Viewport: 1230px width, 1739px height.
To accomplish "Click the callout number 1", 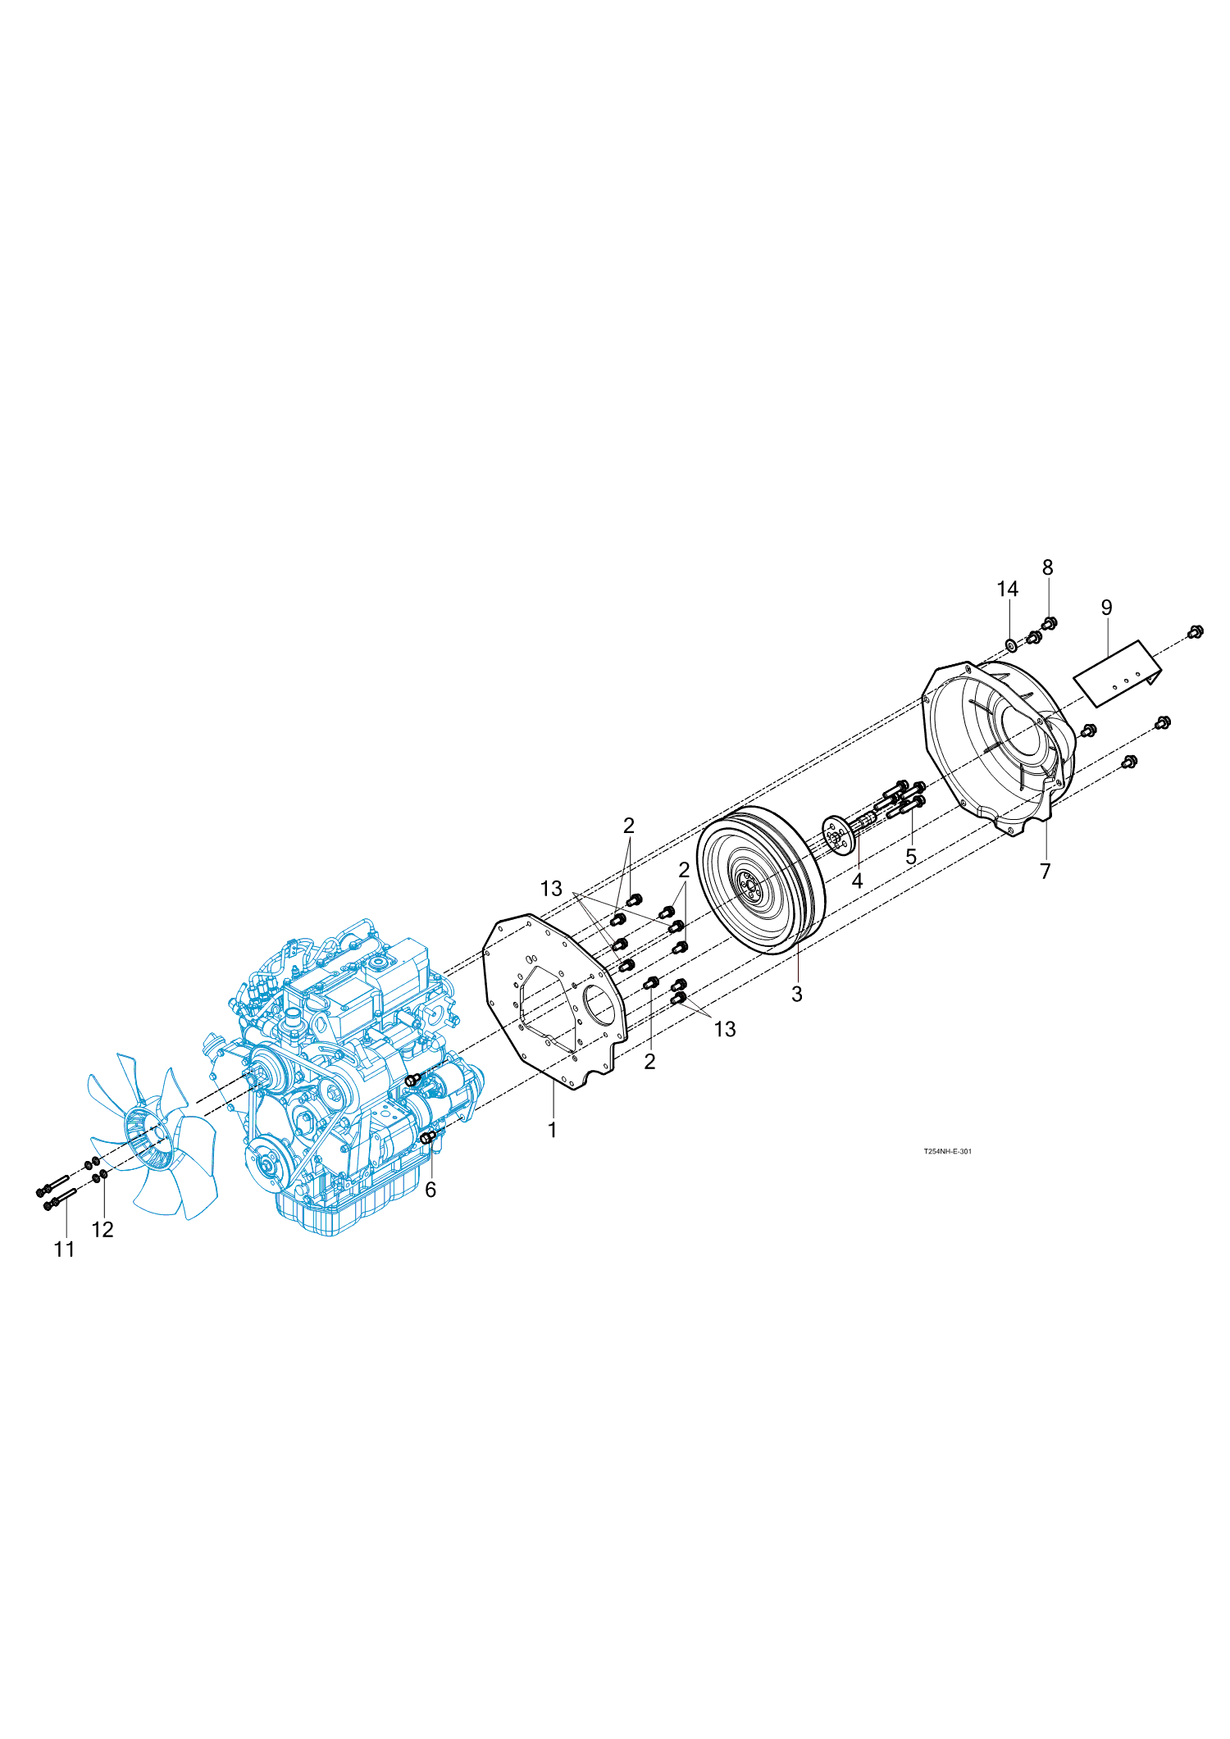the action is coord(553,1130).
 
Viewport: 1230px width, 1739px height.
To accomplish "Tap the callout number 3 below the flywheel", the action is coord(797,994).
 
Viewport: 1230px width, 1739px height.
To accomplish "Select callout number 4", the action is coord(858,881).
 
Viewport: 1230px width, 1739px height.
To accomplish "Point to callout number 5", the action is coord(911,857).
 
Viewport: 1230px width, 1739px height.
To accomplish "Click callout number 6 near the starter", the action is coord(430,1190).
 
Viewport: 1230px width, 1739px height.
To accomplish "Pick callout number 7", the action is coord(1045,872).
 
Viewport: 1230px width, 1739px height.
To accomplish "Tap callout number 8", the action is coord(1048,567).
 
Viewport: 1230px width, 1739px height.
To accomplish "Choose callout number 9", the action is coord(1107,608).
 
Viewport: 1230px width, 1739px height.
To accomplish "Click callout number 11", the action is coord(65,1249).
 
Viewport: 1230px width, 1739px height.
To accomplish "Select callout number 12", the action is coord(102,1229).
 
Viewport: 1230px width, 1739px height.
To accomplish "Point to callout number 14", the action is coord(1008,589).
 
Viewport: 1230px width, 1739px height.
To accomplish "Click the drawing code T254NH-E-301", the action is coord(947,1151).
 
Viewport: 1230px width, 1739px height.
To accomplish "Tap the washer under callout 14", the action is coord(1011,644).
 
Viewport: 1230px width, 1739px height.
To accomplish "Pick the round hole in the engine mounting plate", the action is coord(599,1007).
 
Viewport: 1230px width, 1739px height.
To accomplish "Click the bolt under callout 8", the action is coord(1049,624).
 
